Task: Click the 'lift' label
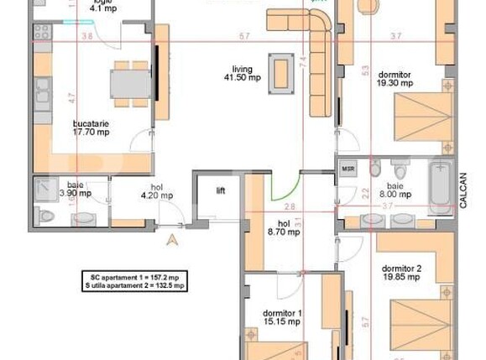click(220, 190)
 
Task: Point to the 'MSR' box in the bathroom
click(348, 168)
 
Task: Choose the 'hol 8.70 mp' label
click(283, 227)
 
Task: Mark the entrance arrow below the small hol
click(172, 239)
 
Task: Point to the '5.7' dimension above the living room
click(243, 36)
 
